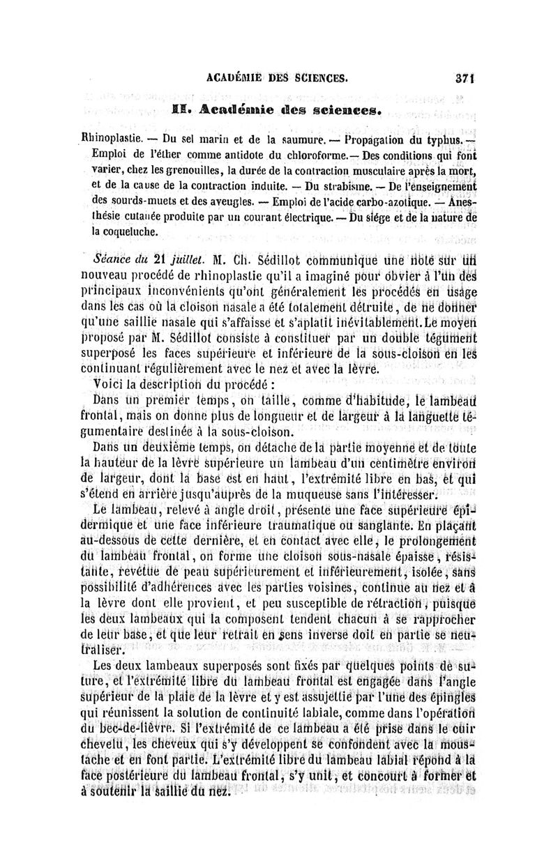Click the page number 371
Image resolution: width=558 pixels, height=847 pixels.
(455, 79)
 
